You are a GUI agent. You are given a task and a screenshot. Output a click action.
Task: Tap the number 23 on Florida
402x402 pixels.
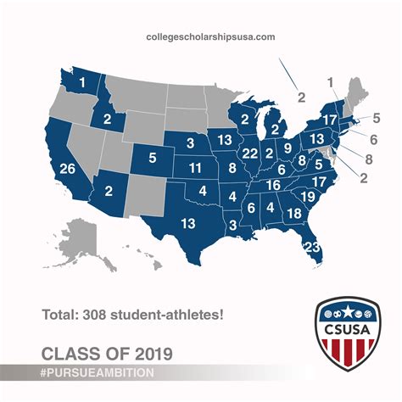pyautogui.click(x=312, y=247)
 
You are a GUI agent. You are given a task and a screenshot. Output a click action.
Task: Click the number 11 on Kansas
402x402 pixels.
pyautogui.click(x=195, y=166)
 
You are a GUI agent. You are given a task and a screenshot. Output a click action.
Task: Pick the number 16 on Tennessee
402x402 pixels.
pyautogui.click(x=273, y=185)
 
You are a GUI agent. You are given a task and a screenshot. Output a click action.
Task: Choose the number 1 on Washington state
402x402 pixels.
pyautogui.click(x=83, y=81)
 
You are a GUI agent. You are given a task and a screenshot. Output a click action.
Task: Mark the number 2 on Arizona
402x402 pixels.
pyautogui.click(x=109, y=191)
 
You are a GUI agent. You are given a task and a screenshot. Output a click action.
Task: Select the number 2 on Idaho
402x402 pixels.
pyautogui.click(x=108, y=119)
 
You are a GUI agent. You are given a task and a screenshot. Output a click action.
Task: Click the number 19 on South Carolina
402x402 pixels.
pyautogui.click(x=309, y=197)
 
